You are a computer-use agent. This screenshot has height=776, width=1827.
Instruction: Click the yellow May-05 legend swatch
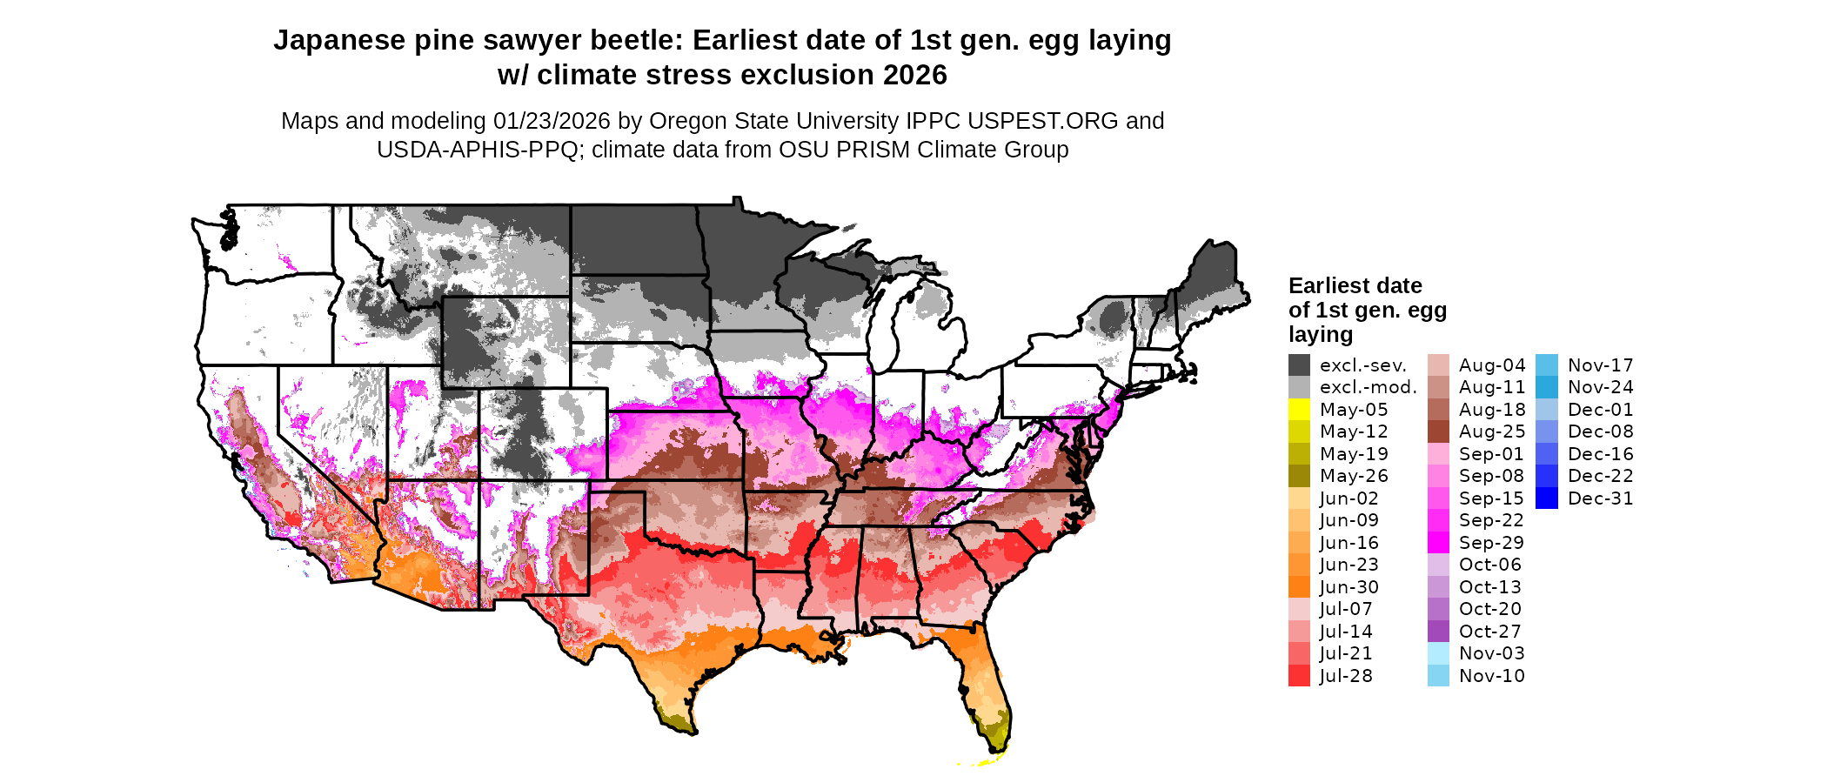coord(1299,410)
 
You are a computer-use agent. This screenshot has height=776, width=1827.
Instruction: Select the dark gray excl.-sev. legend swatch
coord(1299,365)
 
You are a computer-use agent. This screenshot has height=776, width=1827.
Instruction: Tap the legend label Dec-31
coord(1600,498)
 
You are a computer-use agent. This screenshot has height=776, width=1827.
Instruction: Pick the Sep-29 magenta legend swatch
coord(1438,543)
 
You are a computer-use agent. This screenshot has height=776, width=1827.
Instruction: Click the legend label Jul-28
coord(1345,676)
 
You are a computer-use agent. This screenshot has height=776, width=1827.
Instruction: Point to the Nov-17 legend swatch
coord(1547,365)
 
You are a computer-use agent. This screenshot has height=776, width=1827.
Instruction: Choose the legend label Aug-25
coord(1491,431)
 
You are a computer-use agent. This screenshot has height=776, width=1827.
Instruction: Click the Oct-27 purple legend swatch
coord(1438,632)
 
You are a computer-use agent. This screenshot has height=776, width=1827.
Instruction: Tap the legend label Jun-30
coord(1348,587)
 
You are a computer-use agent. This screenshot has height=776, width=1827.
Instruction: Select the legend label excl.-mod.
coord(1368,387)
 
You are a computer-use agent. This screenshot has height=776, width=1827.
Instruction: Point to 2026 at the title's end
coord(914,75)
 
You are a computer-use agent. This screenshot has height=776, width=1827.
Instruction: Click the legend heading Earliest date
coord(1355,286)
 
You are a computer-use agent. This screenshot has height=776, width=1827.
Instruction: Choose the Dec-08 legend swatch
coord(1547,431)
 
